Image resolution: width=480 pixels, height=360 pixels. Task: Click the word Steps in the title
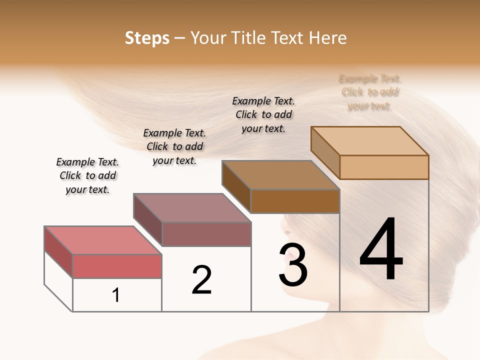(146, 38)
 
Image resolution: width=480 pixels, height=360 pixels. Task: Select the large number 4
(381, 249)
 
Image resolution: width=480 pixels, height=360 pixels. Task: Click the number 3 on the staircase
(293, 265)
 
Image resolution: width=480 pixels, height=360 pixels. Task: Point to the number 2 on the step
(202, 280)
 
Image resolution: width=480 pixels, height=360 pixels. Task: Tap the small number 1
(116, 295)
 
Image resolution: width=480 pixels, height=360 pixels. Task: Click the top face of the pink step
(103, 240)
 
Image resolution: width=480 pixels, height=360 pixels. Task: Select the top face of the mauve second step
(192, 207)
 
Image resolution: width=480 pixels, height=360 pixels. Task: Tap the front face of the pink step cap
(117, 266)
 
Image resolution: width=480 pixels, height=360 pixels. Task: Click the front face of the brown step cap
(295, 201)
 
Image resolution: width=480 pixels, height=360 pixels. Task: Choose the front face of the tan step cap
(384, 167)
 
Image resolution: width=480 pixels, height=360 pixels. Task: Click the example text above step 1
(87, 175)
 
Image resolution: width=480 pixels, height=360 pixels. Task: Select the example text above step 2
(174, 146)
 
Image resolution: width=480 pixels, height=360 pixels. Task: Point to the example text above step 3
(263, 114)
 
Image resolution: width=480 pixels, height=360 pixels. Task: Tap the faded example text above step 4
(370, 92)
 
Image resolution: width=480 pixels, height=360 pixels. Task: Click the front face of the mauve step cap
(206, 234)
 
